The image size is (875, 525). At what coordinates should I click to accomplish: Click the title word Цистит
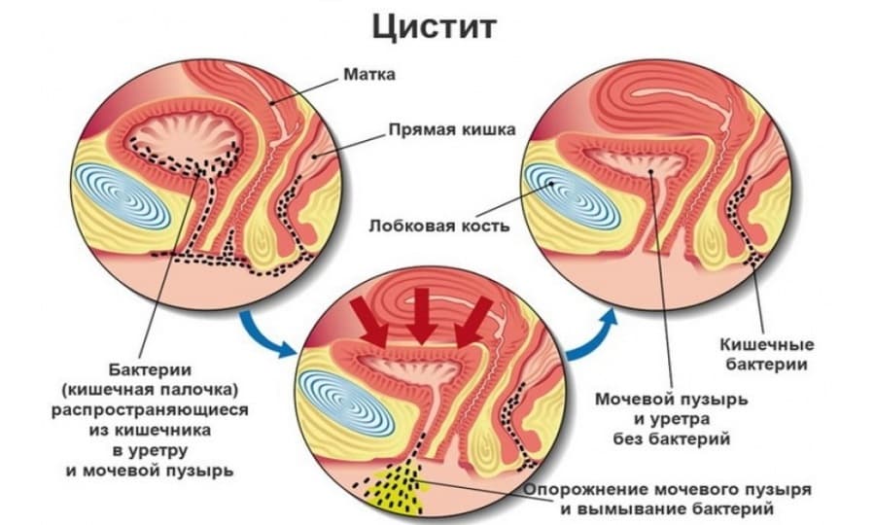435,27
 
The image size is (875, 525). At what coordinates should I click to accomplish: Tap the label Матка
368,74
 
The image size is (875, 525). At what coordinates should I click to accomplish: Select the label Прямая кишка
451,130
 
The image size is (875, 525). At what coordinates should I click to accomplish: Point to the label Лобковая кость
439,226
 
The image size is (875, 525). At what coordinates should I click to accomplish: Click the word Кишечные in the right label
767,344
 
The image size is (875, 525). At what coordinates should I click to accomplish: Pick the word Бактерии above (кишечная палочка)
150,369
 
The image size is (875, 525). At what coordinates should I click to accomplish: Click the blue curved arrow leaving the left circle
265,334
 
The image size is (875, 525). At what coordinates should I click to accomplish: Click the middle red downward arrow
423,315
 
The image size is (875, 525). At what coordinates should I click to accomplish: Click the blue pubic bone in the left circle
122,195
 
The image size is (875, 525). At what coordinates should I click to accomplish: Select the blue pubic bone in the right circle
571,197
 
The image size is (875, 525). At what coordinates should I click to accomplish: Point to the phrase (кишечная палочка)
150,390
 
